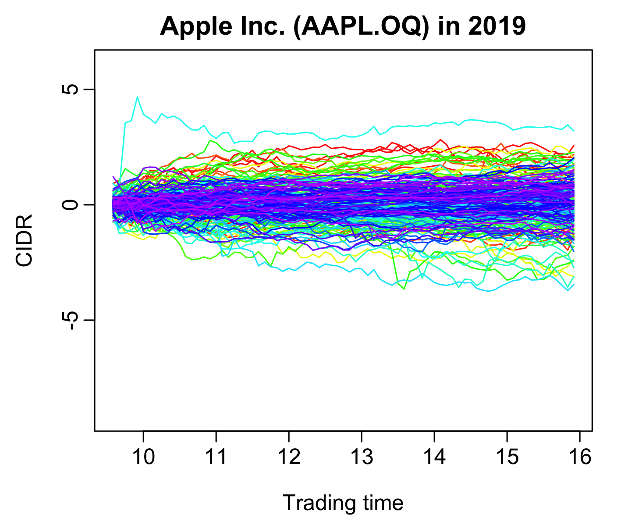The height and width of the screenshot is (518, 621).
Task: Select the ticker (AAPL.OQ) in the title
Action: click(x=359, y=27)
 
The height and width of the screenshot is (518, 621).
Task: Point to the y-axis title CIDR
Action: click(x=24, y=240)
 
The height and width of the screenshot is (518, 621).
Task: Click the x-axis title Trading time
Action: click(x=343, y=503)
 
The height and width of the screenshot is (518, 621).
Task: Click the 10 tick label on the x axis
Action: click(x=143, y=457)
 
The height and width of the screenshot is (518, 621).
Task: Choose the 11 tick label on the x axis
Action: click(x=216, y=457)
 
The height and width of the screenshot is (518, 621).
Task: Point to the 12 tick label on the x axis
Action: click(x=289, y=457)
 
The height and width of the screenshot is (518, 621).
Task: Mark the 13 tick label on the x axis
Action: click(x=362, y=457)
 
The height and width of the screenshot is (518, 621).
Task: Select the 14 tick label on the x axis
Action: click(x=434, y=457)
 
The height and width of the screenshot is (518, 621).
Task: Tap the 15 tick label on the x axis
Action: click(x=507, y=457)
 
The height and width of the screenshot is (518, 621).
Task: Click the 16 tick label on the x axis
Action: click(x=580, y=457)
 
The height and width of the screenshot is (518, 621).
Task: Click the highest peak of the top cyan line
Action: click(x=138, y=97)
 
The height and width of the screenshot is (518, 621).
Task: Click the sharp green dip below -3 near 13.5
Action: click(x=404, y=289)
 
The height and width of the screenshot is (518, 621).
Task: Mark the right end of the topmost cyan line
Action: click(x=574, y=131)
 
